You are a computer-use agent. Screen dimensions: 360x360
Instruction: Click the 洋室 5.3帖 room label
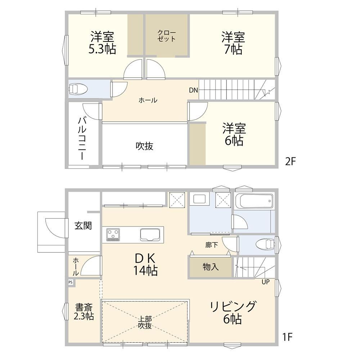[x=102, y=43]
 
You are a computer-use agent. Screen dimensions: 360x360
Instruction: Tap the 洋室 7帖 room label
[x=233, y=43]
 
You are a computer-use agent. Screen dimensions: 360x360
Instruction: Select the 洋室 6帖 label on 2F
[x=234, y=134]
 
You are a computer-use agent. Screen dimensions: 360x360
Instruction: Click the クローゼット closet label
[x=166, y=36]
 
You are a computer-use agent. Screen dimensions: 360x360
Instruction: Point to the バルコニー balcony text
[x=82, y=138]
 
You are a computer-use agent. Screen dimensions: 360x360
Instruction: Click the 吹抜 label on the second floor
[x=144, y=146]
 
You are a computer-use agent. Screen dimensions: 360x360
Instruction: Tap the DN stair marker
[x=193, y=90]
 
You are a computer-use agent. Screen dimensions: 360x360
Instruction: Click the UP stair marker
[x=265, y=282]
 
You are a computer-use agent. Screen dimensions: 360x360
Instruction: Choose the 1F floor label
[x=287, y=337]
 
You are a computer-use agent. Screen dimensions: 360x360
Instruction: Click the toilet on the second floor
[x=78, y=89]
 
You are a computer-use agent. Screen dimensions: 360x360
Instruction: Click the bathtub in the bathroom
[x=254, y=201]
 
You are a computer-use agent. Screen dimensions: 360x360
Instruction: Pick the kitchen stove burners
[x=113, y=235]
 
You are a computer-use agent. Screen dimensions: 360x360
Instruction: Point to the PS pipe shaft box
[x=71, y=282]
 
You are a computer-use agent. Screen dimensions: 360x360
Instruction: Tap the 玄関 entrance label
[x=83, y=226]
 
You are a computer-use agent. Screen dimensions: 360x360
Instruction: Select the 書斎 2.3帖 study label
[x=84, y=312]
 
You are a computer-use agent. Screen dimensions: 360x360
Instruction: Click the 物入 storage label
[x=211, y=267]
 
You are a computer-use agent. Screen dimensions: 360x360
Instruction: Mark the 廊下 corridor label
[x=211, y=245]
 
